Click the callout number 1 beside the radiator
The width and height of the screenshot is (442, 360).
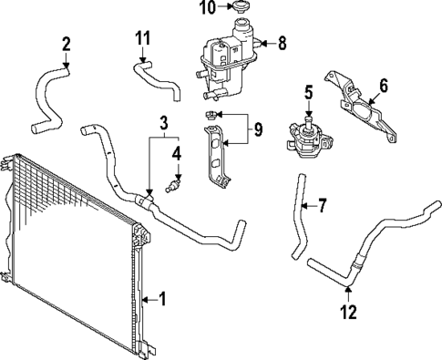(x=162, y=297)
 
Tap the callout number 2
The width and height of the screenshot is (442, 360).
(x=66, y=43)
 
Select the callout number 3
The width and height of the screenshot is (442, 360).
(x=163, y=121)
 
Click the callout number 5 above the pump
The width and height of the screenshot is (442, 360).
(x=308, y=91)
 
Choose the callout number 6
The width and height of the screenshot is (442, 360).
(x=383, y=86)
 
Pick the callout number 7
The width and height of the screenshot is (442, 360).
(x=321, y=205)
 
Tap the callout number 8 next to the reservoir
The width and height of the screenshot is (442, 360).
(x=282, y=42)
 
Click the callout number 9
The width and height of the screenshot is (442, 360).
(x=258, y=129)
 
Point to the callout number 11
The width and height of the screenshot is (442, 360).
(x=141, y=38)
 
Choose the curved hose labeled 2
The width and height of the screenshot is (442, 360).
(x=46, y=96)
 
